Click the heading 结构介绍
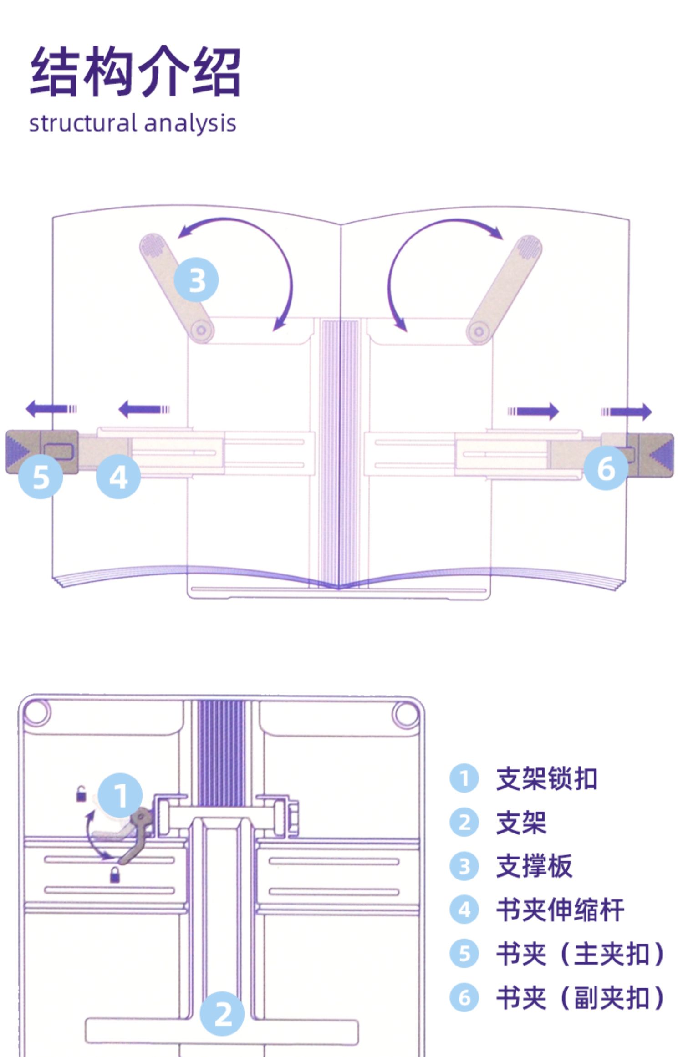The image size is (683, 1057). point(135,71)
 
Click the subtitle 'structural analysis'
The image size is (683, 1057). point(133,123)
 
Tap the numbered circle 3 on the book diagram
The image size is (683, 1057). point(196,279)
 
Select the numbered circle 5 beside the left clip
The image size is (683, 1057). point(41,477)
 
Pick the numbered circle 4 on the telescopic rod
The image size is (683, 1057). point(118,477)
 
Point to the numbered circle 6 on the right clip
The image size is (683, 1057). point(606,468)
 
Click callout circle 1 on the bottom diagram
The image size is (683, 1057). point(120,795)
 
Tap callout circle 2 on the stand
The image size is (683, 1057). point(223,1014)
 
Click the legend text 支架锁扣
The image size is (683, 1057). point(546,778)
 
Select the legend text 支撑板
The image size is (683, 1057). point(534,866)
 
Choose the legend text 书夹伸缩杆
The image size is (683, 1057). point(560,910)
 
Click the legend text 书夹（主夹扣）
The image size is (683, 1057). point(580,954)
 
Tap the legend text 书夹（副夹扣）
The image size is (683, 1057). point(580,997)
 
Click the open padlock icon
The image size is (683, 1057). point(81,793)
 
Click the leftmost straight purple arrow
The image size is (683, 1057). point(51,408)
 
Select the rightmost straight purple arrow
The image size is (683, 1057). point(627,412)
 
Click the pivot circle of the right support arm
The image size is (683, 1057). point(479,331)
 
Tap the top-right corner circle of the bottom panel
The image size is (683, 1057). point(406,713)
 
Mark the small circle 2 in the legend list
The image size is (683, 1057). point(464,822)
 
